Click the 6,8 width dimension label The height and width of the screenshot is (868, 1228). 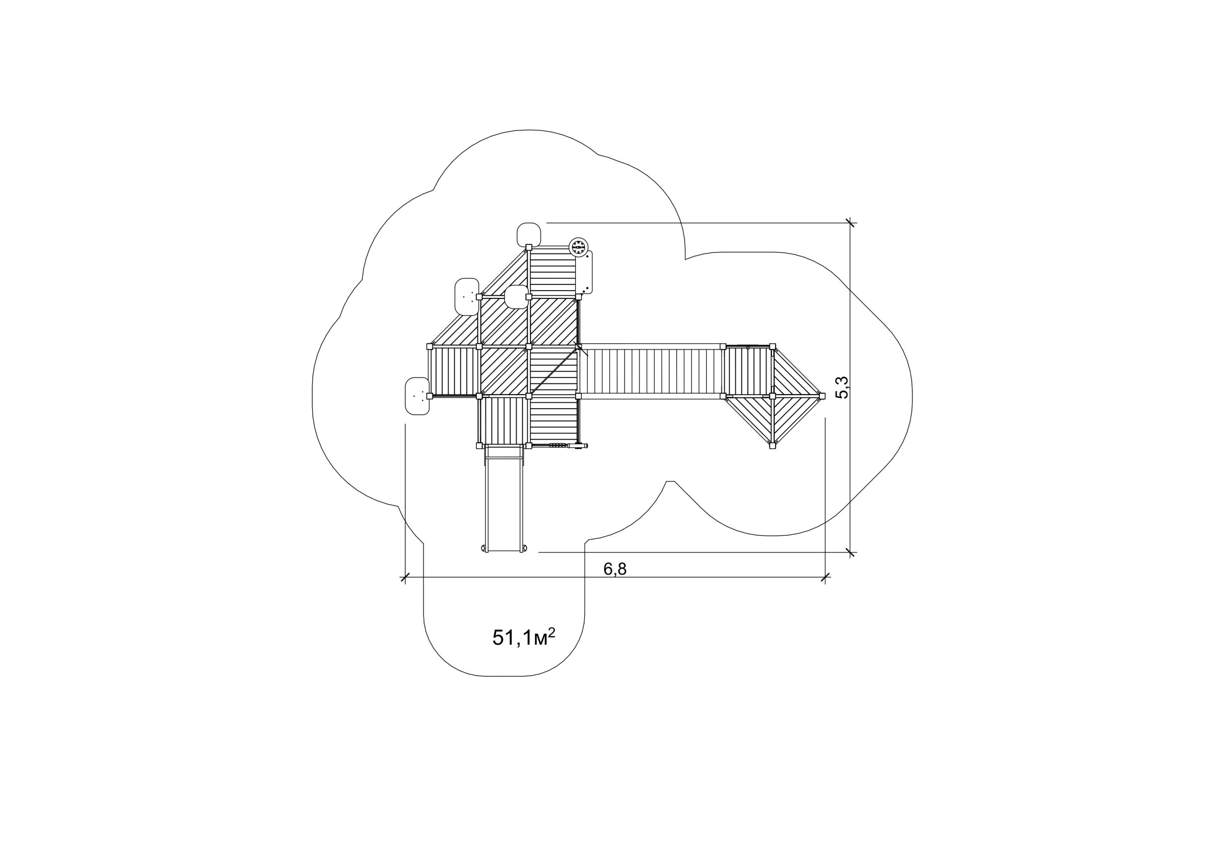click(614, 569)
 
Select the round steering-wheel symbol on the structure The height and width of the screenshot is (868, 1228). click(578, 246)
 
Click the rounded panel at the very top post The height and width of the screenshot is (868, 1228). click(529, 234)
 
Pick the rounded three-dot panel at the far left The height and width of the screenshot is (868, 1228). click(417, 396)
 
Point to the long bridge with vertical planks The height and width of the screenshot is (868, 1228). click(651, 371)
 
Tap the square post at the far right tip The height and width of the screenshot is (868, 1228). click(822, 396)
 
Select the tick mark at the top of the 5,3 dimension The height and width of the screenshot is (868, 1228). click(850, 223)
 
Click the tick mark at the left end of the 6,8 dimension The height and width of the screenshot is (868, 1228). click(405, 577)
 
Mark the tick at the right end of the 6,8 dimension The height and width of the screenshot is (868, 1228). click(825, 577)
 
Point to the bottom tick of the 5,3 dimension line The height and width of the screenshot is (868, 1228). click(850, 552)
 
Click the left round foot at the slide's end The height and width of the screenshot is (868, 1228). click(484, 548)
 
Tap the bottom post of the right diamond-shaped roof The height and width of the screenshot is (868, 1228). click(772, 446)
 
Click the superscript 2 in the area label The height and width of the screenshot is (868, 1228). click(552, 632)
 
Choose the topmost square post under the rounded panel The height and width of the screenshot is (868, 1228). click(529, 247)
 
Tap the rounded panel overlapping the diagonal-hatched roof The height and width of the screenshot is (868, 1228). click(517, 297)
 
